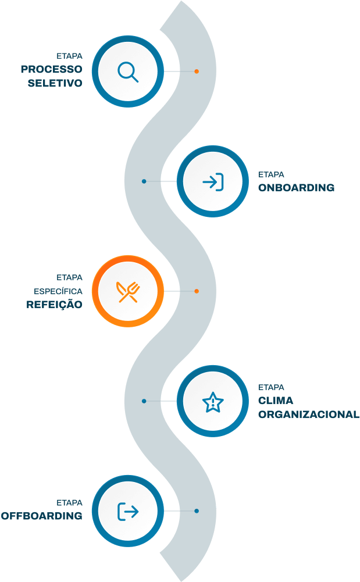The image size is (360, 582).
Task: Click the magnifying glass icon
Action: point(128,72)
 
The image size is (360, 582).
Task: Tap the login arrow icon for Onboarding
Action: point(213,181)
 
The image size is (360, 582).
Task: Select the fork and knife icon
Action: point(128,291)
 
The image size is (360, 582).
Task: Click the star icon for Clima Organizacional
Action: point(213,401)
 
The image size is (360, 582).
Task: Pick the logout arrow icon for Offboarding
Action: point(128,511)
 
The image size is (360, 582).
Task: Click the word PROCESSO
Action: point(52,69)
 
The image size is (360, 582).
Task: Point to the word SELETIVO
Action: point(55,83)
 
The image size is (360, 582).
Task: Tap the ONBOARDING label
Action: point(297,188)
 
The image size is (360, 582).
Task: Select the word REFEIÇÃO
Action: point(54,304)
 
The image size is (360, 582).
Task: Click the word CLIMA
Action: point(276,401)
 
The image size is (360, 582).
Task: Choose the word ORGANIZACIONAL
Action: point(308,415)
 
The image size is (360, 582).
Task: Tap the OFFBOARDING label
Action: point(41,516)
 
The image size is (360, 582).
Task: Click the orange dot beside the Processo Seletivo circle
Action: point(197,72)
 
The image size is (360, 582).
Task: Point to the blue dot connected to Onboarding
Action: point(144,181)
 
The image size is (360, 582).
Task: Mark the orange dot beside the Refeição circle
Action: point(197,291)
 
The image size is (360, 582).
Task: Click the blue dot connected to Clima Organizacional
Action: point(144,401)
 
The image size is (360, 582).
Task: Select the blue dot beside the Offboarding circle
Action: point(197,511)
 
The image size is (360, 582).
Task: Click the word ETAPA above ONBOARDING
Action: point(271,174)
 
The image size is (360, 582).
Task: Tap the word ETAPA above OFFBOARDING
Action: point(69,502)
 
